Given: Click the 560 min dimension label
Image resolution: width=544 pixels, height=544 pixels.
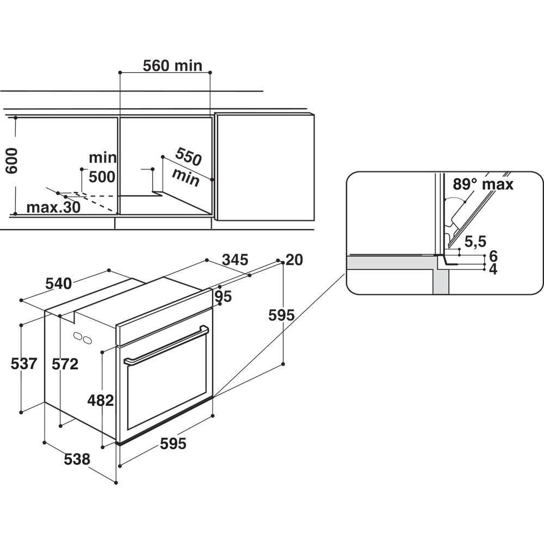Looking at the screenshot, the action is [172, 66].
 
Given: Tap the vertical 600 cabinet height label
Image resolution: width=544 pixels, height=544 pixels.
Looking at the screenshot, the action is [11, 160].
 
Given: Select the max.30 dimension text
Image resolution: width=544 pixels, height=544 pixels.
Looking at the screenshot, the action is [53, 207].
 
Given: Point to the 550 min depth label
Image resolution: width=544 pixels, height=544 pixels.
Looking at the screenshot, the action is [187, 167].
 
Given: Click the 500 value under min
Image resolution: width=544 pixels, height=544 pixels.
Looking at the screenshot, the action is [102, 177].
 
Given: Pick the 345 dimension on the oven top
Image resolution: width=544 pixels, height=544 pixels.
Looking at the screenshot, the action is [235, 259].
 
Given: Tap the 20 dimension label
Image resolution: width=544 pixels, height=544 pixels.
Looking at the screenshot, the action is [294, 259].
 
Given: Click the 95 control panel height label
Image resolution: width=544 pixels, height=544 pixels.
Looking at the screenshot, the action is [223, 296].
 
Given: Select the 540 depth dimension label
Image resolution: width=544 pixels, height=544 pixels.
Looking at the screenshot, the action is [59, 283].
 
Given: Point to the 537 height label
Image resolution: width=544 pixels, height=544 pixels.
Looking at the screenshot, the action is [24, 363].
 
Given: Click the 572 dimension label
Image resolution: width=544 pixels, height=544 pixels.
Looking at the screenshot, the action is [65, 364].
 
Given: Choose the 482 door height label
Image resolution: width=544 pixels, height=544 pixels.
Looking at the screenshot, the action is [101, 400].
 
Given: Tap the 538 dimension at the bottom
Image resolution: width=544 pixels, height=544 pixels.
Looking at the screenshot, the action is [77, 459].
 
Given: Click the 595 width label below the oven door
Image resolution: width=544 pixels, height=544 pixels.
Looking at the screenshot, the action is [173, 443].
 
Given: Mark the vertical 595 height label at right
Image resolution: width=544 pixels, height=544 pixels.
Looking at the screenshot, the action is [281, 315].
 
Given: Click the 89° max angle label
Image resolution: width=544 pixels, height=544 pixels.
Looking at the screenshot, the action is [483, 184].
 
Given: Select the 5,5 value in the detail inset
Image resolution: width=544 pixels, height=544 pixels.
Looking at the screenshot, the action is [475, 242].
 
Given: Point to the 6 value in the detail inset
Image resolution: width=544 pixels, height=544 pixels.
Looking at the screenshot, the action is [493, 256].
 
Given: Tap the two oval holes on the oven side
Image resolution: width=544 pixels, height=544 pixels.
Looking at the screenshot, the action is [83, 338].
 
